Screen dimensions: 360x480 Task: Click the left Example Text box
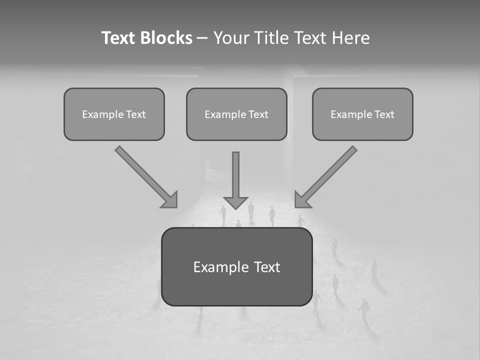114,114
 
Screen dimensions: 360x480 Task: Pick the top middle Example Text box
236,114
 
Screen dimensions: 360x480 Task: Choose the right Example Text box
362,114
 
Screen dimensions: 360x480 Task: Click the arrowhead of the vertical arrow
235,202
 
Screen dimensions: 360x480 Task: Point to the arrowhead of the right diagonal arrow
301,200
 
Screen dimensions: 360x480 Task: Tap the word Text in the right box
384,114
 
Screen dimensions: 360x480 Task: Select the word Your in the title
230,38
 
